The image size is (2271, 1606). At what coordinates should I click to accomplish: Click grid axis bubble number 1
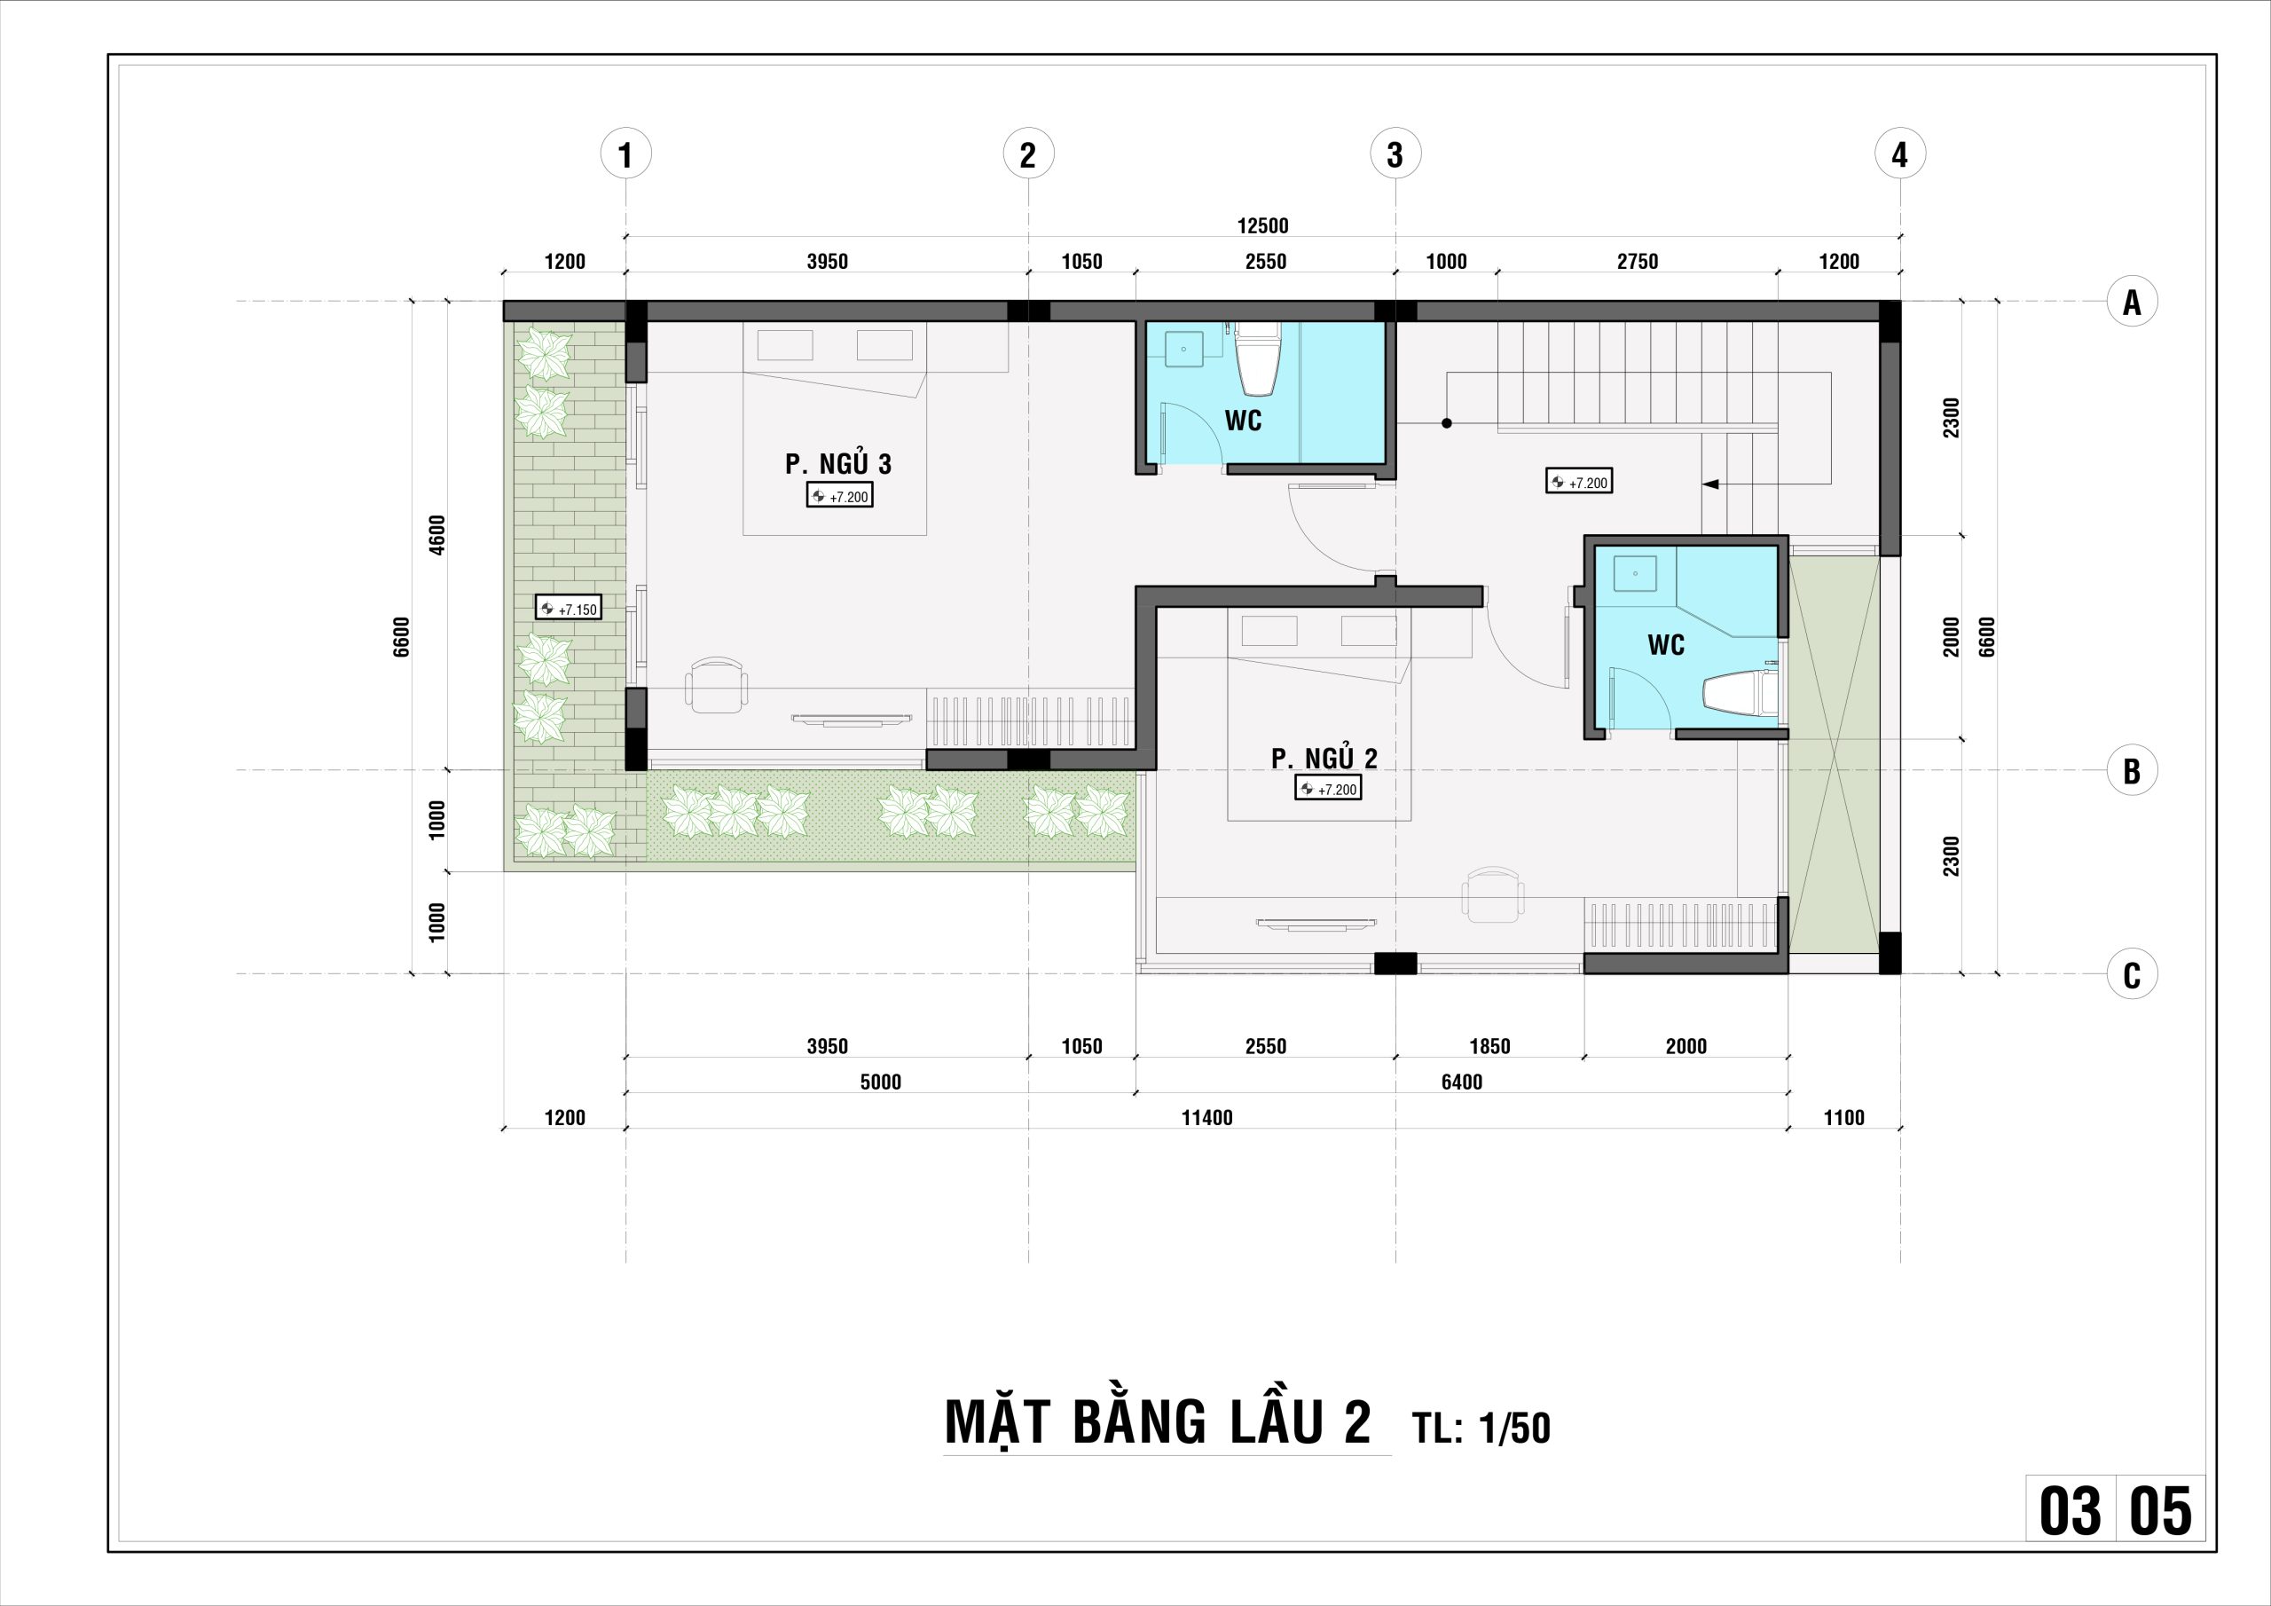coord(625,154)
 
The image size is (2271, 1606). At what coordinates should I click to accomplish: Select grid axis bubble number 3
coord(1395,154)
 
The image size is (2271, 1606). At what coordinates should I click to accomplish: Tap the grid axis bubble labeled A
coord(2132,301)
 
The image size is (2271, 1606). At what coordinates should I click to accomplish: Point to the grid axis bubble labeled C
coord(2132,974)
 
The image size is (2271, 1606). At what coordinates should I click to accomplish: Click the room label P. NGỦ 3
coord(837,463)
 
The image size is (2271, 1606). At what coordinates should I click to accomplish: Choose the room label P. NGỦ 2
coord(1324,758)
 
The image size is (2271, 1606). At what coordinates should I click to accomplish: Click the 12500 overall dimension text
coord(1263,225)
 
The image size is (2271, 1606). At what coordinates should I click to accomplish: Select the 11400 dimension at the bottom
coord(1206,1118)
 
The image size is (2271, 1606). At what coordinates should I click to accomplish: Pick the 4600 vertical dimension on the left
coord(437,534)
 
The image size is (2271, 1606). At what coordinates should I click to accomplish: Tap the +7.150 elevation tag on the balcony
coord(569,608)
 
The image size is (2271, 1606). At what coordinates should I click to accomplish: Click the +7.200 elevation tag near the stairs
coord(1579,482)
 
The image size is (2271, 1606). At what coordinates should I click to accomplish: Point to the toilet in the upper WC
coord(1258,356)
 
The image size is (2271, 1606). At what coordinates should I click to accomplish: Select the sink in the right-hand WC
coord(1635,573)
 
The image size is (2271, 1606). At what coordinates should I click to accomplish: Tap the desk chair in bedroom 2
coord(1493,894)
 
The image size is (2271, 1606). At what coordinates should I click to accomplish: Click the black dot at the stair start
coord(1446,423)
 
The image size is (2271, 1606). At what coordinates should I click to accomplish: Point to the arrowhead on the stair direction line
coord(1710,484)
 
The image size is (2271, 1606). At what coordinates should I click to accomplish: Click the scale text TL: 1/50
coord(1481,1428)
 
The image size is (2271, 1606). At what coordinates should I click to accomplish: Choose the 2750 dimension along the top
coord(1637,261)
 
